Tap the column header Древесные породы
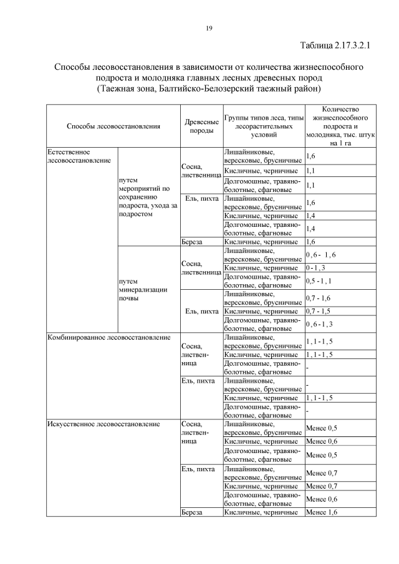tap(201, 126)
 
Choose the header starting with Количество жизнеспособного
tap(341, 126)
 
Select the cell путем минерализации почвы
tap(134, 289)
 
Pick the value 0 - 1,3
tap(316, 267)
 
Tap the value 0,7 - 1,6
tap(319, 298)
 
